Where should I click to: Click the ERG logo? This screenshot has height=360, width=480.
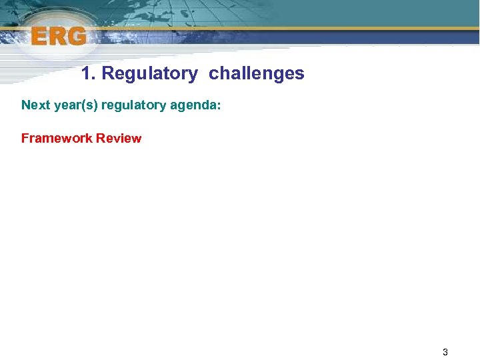click(x=59, y=37)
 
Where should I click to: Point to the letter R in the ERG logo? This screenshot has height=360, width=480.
click(x=58, y=37)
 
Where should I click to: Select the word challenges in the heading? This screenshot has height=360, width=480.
click(x=256, y=73)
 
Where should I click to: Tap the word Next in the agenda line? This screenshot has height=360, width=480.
click(x=35, y=105)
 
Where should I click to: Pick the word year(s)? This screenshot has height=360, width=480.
click(x=75, y=105)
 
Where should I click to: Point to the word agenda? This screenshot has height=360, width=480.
click(x=197, y=105)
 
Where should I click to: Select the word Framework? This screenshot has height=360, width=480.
click(x=57, y=139)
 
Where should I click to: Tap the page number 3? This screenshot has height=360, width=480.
click(x=445, y=352)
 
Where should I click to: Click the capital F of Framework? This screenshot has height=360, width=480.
click(x=25, y=139)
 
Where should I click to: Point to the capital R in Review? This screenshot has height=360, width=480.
click(x=100, y=139)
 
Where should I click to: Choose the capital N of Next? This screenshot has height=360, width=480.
click(x=26, y=105)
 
